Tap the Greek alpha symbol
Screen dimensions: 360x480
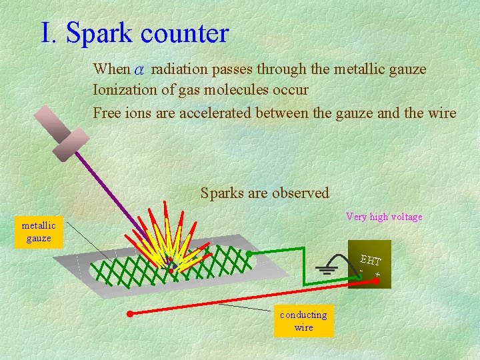(139, 69)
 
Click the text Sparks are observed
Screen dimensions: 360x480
(265, 193)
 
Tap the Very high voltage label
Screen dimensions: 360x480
(384, 217)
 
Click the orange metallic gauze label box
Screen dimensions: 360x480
(39, 232)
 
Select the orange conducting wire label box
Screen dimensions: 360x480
(303, 321)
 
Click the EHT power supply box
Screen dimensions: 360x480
(369, 264)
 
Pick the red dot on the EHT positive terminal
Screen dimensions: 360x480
(375, 281)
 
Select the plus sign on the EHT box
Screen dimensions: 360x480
(377, 274)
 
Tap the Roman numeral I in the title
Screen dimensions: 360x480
(47, 33)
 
